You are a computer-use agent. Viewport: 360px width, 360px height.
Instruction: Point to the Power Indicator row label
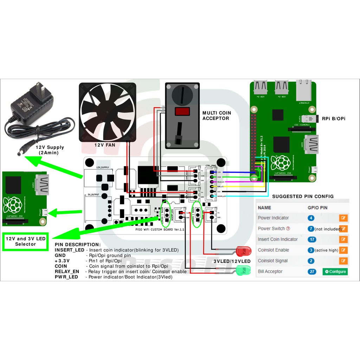[x=273, y=218]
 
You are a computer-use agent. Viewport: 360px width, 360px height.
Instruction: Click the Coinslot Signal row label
[x=272, y=261]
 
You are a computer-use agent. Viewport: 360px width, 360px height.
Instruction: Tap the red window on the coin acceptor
[x=182, y=112]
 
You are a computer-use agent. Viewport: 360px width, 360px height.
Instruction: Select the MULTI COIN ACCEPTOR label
[x=216, y=116]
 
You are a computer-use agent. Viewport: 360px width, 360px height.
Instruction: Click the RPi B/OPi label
[x=334, y=119]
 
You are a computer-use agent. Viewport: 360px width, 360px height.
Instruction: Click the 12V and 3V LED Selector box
[x=25, y=241]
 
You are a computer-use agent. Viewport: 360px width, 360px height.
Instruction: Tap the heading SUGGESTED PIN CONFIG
[x=303, y=197]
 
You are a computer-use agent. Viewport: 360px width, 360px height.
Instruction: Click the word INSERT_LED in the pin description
[x=69, y=250]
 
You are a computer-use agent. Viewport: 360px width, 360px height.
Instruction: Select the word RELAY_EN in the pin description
[x=67, y=272]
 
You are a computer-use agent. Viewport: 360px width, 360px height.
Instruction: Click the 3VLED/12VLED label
[x=232, y=261]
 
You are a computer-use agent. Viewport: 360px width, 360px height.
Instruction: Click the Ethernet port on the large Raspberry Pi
[x=304, y=91]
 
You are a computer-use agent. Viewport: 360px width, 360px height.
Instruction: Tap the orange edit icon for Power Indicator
[x=343, y=218]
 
